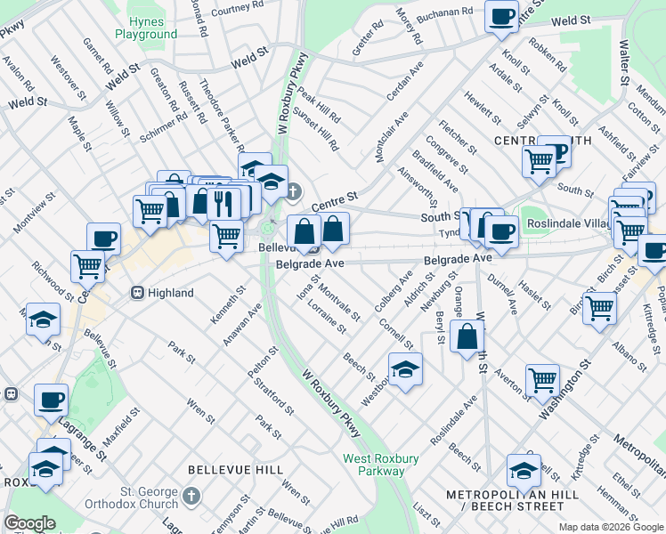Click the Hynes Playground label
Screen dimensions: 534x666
146,28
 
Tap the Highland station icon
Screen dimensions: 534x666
138,292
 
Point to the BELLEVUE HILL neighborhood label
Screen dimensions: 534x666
235,469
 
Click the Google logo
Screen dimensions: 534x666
29,523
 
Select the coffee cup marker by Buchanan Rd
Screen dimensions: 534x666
501,16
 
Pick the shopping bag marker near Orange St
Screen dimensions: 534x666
467,338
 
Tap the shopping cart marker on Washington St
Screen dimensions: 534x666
541,381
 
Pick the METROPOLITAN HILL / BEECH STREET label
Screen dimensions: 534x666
506,500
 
